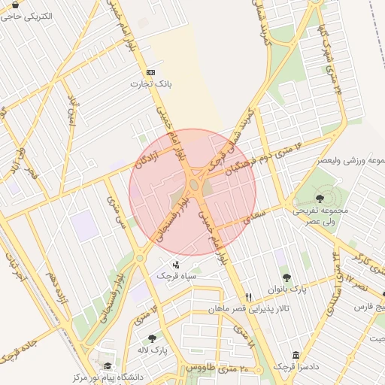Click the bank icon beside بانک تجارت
151,72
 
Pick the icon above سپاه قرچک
176,264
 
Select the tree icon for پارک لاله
153,339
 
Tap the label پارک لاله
152,350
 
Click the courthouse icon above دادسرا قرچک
296,354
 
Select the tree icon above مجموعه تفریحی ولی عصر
321,199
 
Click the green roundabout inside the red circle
194,184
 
